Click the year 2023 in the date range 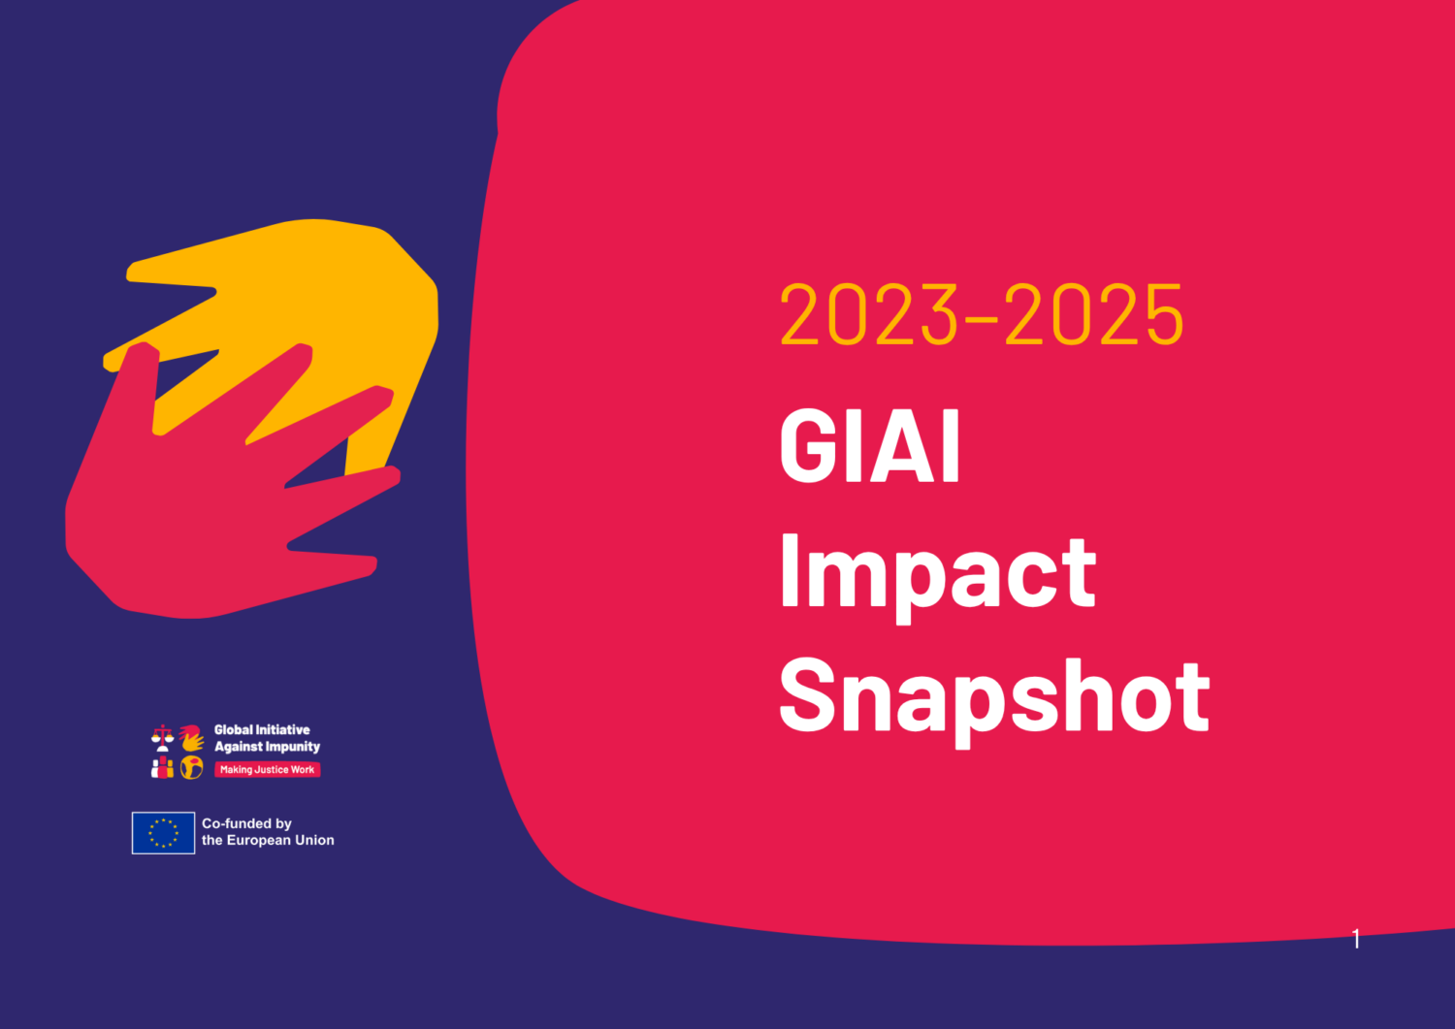[x=869, y=314]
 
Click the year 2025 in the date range [x=1094, y=314]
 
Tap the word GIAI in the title [x=870, y=446]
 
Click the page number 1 [x=1356, y=939]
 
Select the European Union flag [x=163, y=833]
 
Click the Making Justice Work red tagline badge [x=267, y=770]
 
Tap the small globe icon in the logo [x=192, y=768]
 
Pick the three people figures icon [x=162, y=767]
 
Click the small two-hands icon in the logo [x=192, y=738]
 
